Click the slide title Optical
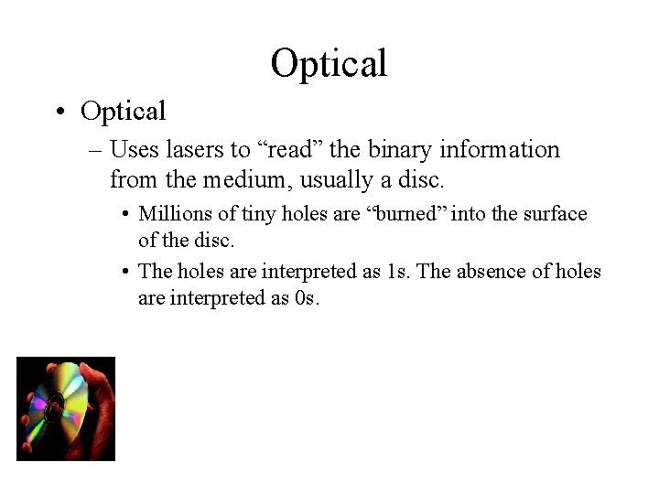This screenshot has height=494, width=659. point(329,63)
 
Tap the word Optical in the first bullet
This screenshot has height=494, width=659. point(123,112)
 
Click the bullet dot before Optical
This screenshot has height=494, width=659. point(59,113)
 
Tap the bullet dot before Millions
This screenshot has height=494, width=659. point(124,215)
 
